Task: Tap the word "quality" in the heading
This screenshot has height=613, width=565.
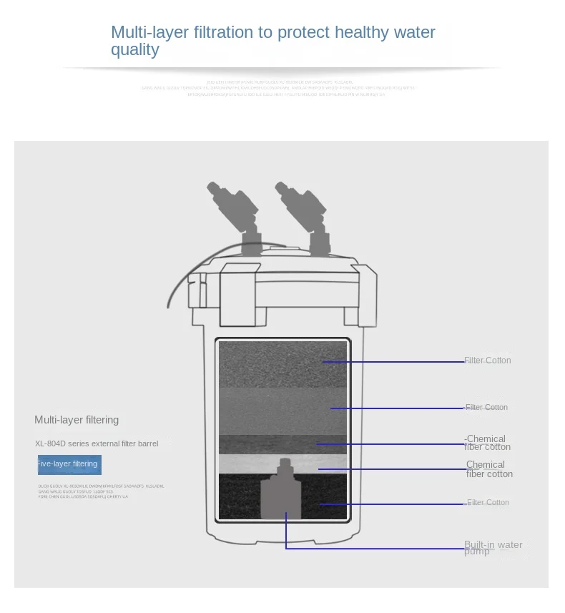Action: point(134,50)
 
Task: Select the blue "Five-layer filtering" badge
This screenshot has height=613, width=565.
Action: point(69,464)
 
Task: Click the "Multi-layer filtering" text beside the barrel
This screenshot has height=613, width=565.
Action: point(77,420)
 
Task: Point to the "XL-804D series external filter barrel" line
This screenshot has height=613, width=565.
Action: point(97,443)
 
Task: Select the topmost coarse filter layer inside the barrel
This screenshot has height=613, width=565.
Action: point(282,363)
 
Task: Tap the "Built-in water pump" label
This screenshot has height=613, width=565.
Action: point(493,548)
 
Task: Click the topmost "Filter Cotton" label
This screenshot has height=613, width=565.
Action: point(488,361)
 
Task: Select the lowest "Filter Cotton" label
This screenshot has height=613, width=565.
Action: point(488,503)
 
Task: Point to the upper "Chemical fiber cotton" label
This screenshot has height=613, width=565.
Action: point(487,443)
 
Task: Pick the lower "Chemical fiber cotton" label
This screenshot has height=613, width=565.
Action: point(489,469)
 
